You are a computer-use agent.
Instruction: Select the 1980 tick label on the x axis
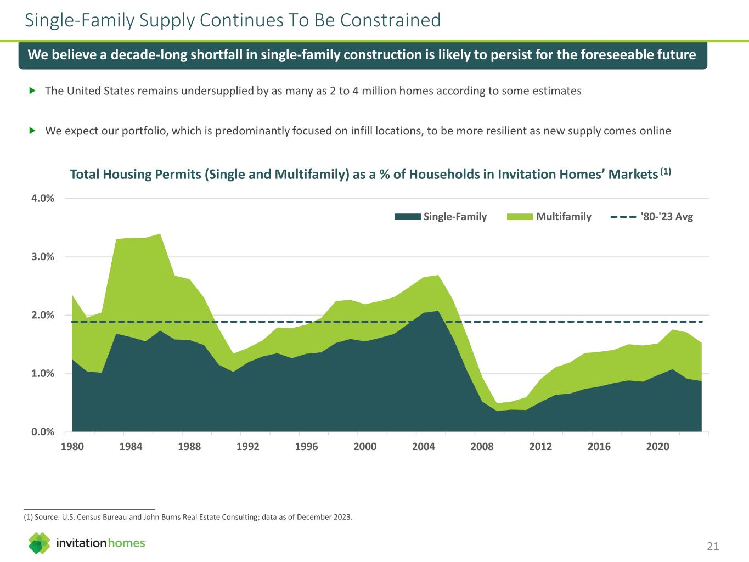(72, 447)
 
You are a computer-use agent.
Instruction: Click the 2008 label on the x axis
(482, 447)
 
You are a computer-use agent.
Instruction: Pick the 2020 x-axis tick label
(657, 447)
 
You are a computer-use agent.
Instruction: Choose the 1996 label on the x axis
(306, 447)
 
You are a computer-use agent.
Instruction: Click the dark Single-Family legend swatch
(408, 217)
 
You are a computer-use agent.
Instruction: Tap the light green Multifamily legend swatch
(520, 217)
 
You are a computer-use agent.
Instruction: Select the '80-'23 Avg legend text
(667, 217)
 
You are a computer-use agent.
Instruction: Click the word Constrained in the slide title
(391, 20)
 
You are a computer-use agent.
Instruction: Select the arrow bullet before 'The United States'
(32, 91)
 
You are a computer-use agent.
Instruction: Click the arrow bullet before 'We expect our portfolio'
(32, 131)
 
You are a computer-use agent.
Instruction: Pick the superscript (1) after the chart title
(666, 172)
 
